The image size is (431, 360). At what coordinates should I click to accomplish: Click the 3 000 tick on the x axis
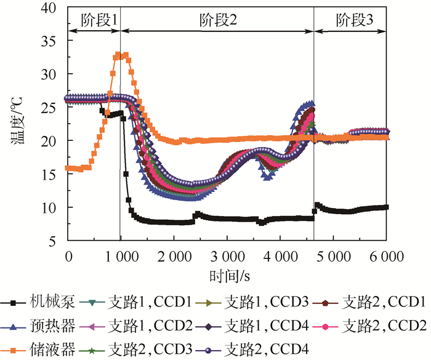(227, 255)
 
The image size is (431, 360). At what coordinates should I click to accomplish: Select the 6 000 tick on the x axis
(387, 255)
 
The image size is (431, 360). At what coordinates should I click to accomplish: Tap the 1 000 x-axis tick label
(121, 255)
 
